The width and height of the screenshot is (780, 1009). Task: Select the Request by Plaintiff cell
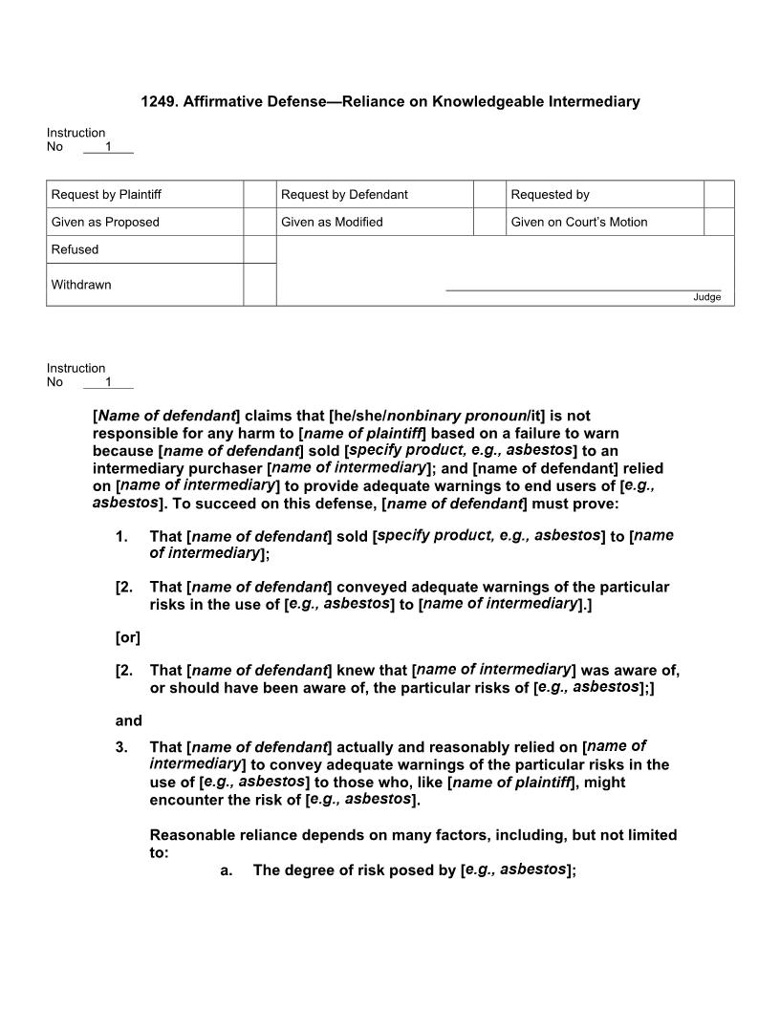tap(106, 195)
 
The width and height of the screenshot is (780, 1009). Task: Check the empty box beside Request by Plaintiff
tap(260, 195)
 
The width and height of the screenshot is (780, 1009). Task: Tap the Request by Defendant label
tap(344, 195)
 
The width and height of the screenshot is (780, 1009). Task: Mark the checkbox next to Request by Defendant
tap(489, 195)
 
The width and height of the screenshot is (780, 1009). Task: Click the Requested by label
tap(550, 195)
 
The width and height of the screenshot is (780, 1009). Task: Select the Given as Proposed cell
tap(105, 223)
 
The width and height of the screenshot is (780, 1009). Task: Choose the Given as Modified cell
tap(332, 223)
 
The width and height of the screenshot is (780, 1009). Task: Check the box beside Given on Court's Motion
tap(719, 223)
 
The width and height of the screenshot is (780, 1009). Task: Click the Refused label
tap(75, 250)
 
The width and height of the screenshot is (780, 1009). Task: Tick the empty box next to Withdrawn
tap(260, 285)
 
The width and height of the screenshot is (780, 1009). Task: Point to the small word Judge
tap(706, 297)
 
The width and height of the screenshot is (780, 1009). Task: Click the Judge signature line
tap(583, 289)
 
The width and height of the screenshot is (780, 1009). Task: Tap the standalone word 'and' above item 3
tap(128, 721)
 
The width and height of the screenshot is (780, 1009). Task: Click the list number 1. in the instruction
tap(121, 537)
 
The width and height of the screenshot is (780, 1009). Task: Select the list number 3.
tap(121, 747)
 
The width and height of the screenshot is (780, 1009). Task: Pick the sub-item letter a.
tap(227, 870)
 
